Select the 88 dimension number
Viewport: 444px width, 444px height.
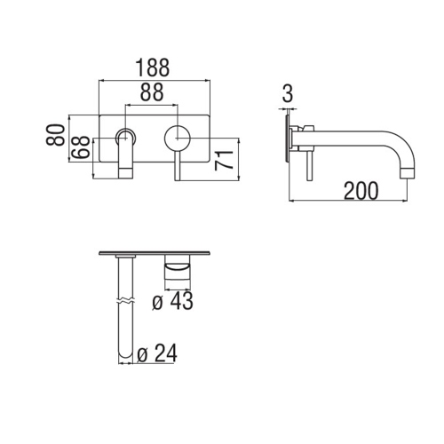[x=154, y=91]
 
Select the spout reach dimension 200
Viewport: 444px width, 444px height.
[x=360, y=190]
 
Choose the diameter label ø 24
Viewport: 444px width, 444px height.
[x=157, y=353]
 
